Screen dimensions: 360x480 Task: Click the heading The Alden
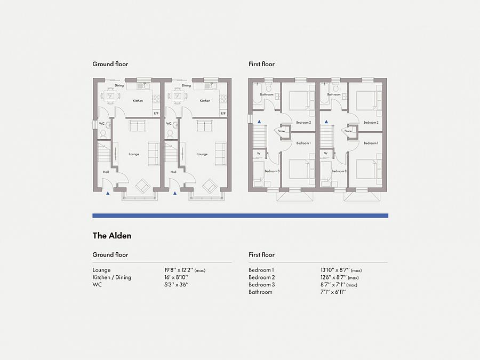111,236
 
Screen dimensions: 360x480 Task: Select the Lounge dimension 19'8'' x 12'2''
185,270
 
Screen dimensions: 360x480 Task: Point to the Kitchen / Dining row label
111,277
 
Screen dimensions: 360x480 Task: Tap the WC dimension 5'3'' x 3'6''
176,285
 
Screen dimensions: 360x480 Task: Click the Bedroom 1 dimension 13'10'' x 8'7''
341,270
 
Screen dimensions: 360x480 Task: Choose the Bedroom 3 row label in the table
261,285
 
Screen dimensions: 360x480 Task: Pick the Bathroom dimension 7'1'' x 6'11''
333,292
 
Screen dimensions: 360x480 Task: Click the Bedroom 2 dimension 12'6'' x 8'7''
339,277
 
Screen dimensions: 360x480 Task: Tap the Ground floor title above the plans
110,64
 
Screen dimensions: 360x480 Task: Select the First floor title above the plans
261,64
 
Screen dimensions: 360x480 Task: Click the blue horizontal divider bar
240,215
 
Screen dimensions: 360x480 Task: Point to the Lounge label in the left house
134,155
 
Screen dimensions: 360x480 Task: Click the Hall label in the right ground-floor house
173,172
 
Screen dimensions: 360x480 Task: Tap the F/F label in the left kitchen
156,114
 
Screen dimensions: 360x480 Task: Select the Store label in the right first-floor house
348,131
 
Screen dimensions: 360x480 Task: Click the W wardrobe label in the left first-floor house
259,154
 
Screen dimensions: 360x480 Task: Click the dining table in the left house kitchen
110,97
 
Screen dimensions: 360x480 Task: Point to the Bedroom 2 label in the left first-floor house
303,123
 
